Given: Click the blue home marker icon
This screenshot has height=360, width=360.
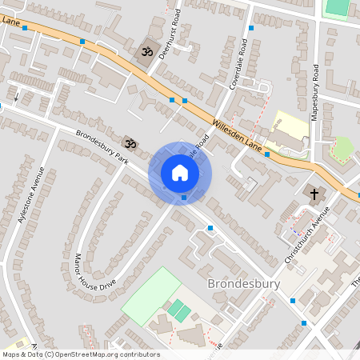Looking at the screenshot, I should coord(180,173).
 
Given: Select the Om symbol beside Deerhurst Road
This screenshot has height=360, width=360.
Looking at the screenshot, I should coord(146,52).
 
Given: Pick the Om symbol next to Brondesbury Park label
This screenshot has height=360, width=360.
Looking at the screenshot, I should coord(130,144).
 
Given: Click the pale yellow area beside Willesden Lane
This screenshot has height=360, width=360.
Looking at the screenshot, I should coord(290,128).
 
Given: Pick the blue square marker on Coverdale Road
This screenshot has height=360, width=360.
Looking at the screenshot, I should coord(251,28).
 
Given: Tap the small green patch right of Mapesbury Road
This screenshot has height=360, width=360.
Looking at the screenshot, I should coord(342,149).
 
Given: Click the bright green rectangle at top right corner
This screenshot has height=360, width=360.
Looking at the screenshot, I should coord(337,6).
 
